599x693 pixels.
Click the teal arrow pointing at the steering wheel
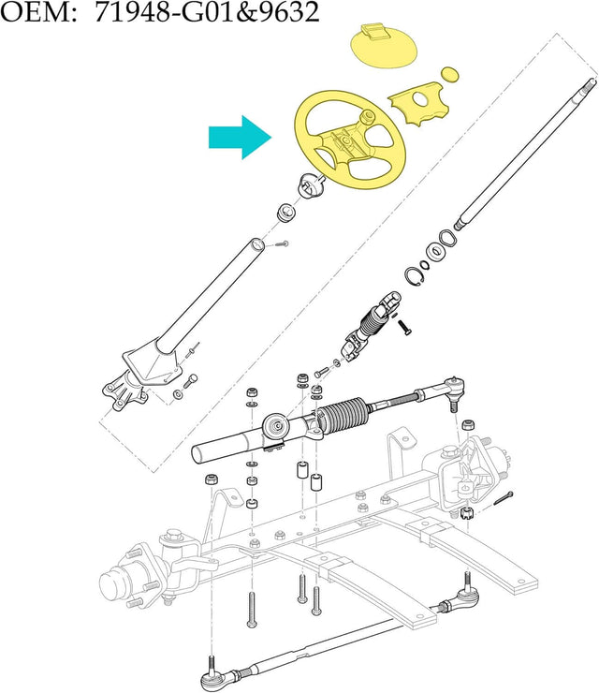click(x=240, y=138)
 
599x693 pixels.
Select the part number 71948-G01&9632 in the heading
click(x=207, y=12)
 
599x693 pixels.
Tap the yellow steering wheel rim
click(x=350, y=140)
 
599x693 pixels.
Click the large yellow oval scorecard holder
click(x=384, y=47)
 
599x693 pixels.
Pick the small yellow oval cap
click(x=450, y=75)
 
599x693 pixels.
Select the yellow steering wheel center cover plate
click(x=418, y=103)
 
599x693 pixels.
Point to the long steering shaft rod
click(x=527, y=154)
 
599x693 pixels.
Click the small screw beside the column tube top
click(x=282, y=243)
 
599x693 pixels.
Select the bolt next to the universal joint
click(x=404, y=327)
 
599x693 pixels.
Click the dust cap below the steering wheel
click(x=313, y=185)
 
